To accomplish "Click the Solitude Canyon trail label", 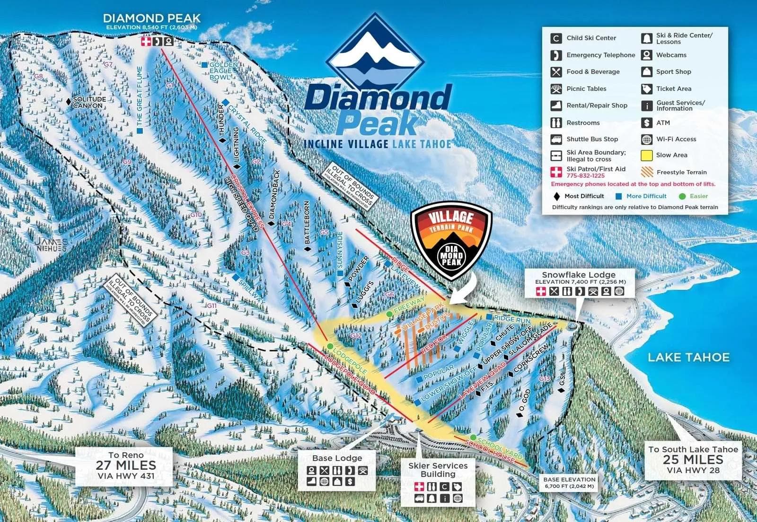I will click(89, 102).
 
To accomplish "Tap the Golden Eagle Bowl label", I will click(220, 71).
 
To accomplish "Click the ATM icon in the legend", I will click(647, 122).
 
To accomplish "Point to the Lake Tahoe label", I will click(688, 357).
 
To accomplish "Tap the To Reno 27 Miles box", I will click(125, 466).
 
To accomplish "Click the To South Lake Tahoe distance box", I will click(693, 459).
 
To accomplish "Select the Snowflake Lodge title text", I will click(579, 275).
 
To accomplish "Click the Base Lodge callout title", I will click(337, 458).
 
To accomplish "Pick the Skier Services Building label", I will click(438, 470).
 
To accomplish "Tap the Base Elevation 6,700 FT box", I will click(569, 482).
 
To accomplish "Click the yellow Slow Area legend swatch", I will click(647, 155).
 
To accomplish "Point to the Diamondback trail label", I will click(273, 194).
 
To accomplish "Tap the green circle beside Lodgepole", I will click(330, 347).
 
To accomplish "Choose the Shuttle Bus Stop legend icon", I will click(556, 139).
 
